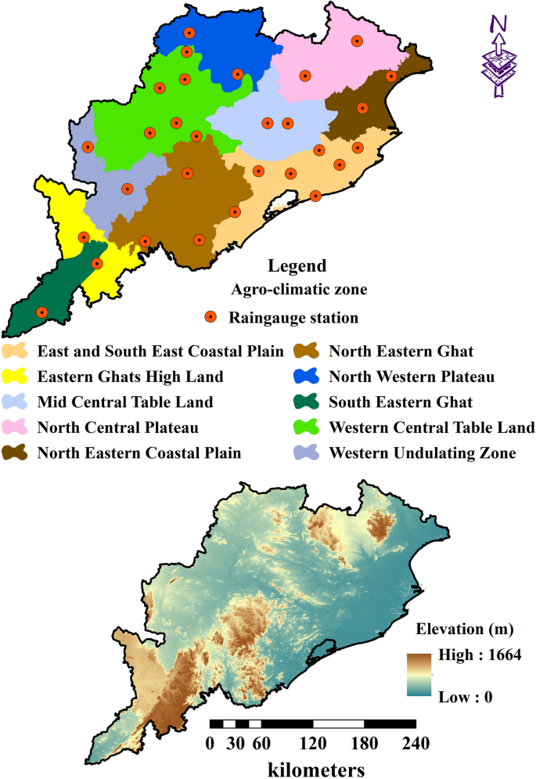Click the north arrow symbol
coord(498,59)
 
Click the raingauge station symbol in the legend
coord(210,317)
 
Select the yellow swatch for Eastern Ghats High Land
coord(16,377)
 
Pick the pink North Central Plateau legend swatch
coord(16,427)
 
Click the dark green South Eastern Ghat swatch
coord(306,402)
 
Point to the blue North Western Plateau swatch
coord(306,377)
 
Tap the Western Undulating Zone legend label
coord(423,453)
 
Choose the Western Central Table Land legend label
coord(432,427)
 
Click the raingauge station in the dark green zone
coord(42,312)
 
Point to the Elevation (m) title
coord(458,629)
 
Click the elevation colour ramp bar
coord(419,674)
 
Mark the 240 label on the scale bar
coord(414,741)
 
